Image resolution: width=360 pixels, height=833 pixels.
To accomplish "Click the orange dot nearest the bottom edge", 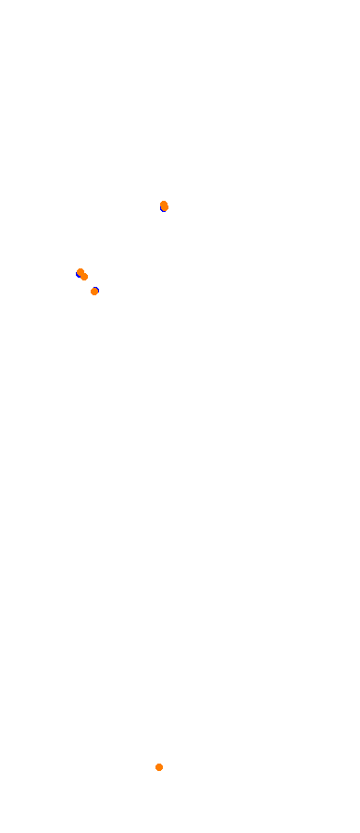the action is point(159,767).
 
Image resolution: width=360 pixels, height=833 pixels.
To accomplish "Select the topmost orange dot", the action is point(164,205).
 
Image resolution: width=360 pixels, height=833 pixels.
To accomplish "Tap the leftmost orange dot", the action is point(81,272).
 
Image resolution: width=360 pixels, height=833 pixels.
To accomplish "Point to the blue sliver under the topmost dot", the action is point(165,209).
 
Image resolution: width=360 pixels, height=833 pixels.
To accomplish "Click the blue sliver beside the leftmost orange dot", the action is point(78,273).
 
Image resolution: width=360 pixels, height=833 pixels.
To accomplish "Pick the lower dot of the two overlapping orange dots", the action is point(84,277).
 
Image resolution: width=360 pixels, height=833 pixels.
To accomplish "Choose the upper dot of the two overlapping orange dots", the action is point(81,272).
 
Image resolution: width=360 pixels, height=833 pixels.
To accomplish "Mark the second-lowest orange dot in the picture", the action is point(94,292).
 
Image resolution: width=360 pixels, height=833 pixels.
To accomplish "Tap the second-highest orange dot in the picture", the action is point(81,272).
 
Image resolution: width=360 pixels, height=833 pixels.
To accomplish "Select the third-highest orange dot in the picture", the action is point(84,277).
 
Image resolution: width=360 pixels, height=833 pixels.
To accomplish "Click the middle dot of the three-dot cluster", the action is point(84,277).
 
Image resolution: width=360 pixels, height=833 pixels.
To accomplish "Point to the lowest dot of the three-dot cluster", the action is point(94,292).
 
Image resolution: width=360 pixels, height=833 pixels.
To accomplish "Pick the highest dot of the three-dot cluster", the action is point(81,272).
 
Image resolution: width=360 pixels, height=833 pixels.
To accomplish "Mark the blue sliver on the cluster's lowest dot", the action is point(93,292).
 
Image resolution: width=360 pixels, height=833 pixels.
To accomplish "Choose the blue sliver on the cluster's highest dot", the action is point(78,273).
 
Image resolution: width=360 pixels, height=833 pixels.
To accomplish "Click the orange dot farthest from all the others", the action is point(159,767).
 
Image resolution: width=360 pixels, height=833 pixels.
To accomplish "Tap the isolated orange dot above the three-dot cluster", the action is point(164,205).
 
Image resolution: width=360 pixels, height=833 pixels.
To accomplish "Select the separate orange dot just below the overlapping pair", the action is point(94,292).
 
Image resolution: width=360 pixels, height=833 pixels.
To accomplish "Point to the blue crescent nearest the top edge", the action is point(165,209).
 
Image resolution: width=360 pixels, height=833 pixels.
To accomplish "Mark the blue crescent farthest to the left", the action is point(78,273).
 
